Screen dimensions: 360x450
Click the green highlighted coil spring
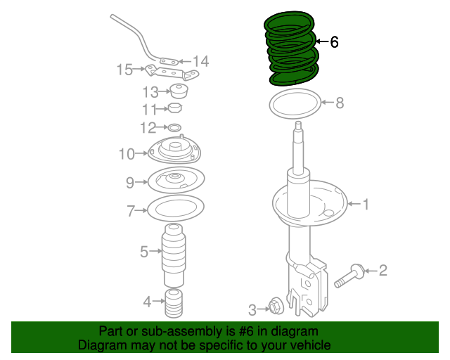(291, 49)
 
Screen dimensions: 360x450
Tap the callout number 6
(334, 43)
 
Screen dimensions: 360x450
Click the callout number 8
(340, 103)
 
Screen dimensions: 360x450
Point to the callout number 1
(365, 205)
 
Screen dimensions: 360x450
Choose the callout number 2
(382, 270)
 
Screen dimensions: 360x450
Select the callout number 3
(252, 309)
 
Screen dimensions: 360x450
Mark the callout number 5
(143, 251)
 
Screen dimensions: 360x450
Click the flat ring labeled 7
(175, 209)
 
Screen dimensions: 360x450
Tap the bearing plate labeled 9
(175, 181)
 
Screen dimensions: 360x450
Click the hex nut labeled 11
(174, 108)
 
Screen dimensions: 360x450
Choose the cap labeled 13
(180, 91)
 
